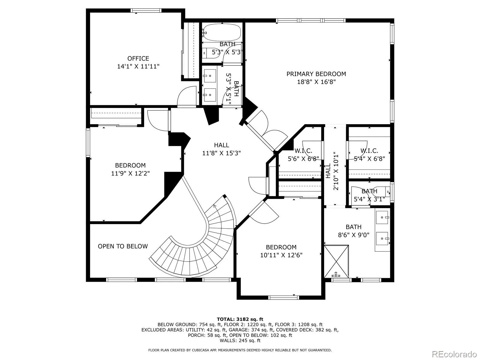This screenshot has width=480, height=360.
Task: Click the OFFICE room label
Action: [x=138, y=58]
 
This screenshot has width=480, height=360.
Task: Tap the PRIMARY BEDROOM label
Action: [x=316, y=74]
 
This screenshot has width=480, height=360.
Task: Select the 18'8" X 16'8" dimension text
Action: [x=316, y=82]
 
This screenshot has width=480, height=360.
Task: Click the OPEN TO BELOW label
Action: [x=123, y=246]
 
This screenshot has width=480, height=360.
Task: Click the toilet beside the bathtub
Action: [x=210, y=53]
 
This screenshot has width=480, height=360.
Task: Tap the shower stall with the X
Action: [x=336, y=261]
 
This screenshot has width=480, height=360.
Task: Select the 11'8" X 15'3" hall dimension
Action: [x=221, y=153]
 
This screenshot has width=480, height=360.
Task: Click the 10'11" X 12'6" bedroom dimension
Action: [x=281, y=255]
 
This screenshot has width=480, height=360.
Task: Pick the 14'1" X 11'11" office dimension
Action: [x=138, y=66]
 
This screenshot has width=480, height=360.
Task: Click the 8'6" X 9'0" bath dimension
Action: [x=354, y=235]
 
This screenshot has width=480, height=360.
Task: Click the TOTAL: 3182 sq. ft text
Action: [x=240, y=319]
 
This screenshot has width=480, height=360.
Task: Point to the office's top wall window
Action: [x=146, y=10]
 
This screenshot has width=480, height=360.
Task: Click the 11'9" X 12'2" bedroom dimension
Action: [x=130, y=173]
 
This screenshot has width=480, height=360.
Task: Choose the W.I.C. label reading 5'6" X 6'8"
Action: [x=303, y=154]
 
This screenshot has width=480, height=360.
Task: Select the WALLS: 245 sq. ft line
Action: [x=240, y=340]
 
